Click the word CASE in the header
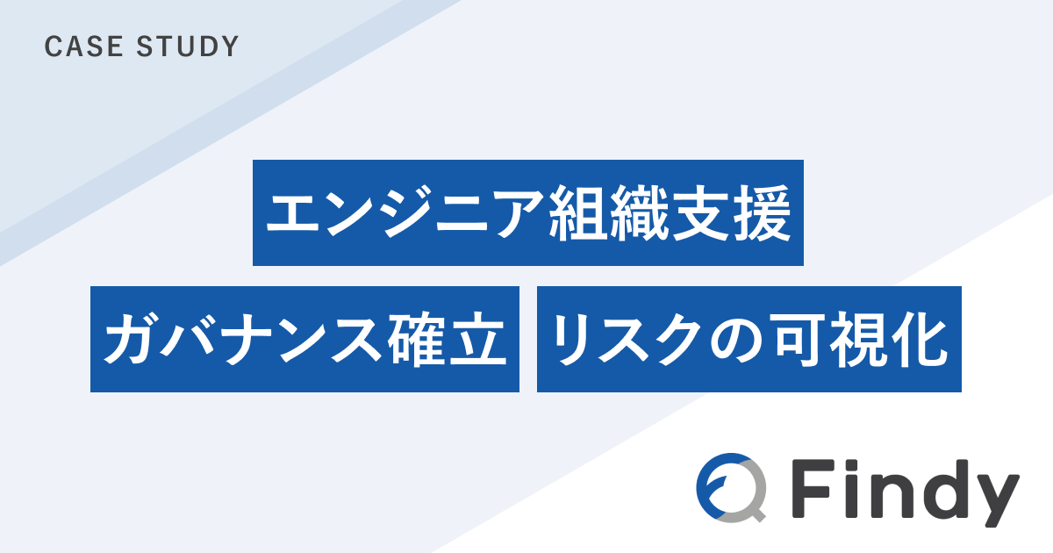click(83, 47)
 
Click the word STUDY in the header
click(188, 47)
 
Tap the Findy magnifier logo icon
click(731, 488)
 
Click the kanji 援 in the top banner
click(763, 213)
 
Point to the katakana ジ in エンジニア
click(405, 213)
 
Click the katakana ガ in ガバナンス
click(130, 339)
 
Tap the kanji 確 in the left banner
click(417, 340)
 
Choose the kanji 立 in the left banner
click(478, 340)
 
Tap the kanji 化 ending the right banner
click(919, 340)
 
